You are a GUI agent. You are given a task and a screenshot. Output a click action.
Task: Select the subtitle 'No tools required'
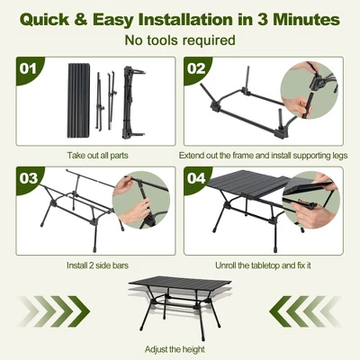(180, 40)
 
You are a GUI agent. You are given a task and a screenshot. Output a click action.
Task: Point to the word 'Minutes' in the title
(304, 17)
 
